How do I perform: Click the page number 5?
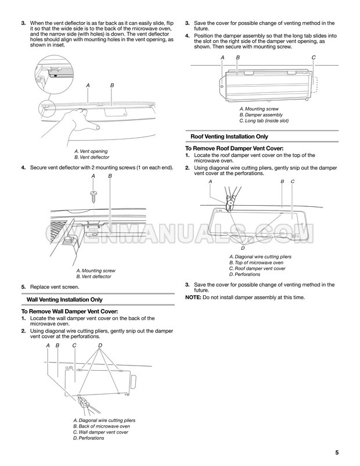(337, 452)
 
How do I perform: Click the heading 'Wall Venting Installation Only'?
(64, 300)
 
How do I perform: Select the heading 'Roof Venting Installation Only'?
(229, 137)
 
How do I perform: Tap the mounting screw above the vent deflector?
(93, 196)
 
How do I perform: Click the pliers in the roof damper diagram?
(230, 200)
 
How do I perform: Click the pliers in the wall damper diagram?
(87, 405)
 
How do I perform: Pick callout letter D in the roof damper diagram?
(243, 248)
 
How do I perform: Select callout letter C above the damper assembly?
(314, 58)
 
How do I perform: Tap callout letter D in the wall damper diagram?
(100, 345)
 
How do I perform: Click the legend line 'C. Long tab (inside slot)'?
(264, 121)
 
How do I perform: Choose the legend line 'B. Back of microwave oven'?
(101, 426)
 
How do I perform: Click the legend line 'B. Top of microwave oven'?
(256, 263)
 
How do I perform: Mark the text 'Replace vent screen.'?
(55, 287)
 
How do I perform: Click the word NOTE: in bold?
(193, 297)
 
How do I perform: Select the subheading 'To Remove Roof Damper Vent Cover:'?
(234, 148)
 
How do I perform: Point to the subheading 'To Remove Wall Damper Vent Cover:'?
(70, 311)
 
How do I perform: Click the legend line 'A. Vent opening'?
(91, 151)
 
